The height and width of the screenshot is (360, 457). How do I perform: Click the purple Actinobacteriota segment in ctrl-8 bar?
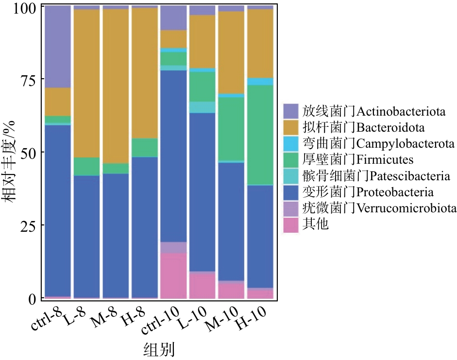(58, 47)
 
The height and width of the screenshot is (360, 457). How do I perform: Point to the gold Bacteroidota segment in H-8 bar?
(145, 73)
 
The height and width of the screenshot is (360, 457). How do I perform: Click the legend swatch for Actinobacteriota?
(290, 111)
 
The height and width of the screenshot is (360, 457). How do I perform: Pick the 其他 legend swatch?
(290, 224)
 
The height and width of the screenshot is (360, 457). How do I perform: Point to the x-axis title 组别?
(159, 349)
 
